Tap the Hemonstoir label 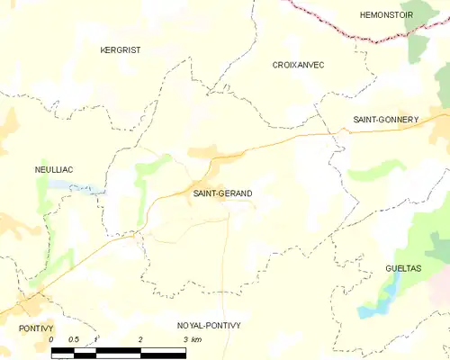[386, 15]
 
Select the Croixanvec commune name [298, 65]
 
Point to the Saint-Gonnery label [385, 119]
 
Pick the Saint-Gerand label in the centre [222, 193]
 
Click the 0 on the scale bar [51, 339]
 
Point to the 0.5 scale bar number [74, 339]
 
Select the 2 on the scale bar [140, 339]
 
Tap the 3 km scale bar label [191, 339]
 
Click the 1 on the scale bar [96, 339]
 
